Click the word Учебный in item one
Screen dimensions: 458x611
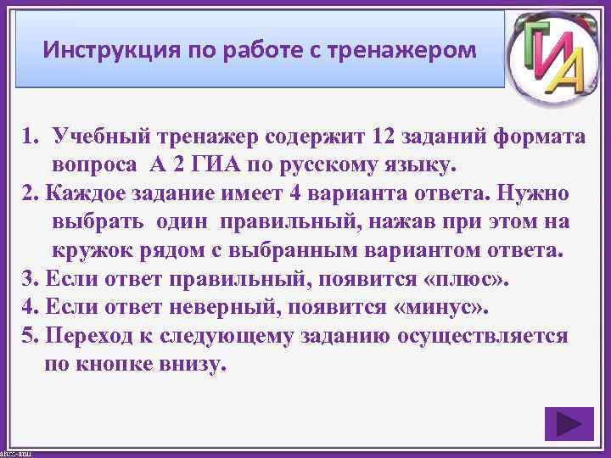tap(93, 136)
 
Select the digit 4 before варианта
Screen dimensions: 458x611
tap(295, 193)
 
